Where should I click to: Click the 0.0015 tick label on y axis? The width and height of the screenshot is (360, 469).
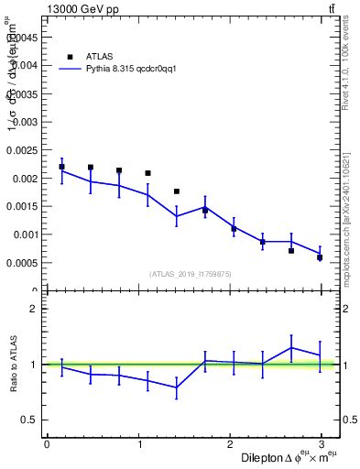tap(22, 206)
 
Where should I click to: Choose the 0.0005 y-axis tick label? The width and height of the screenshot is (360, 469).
tap(22, 263)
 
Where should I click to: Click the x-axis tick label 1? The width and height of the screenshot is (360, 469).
tap(139, 443)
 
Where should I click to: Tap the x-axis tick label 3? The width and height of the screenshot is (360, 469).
tap(324, 443)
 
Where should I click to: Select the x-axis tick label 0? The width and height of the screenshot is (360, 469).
tap(47, 443)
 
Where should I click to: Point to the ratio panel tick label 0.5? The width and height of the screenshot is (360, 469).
tap(29, 420)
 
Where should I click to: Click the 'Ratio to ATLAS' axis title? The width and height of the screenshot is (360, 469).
tap(13, 364)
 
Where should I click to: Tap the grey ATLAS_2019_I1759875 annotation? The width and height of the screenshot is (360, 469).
tap(191, 273)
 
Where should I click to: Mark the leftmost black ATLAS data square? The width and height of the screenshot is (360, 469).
tap(61, 167)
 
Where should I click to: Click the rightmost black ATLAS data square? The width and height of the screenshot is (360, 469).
tap(320, 257)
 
